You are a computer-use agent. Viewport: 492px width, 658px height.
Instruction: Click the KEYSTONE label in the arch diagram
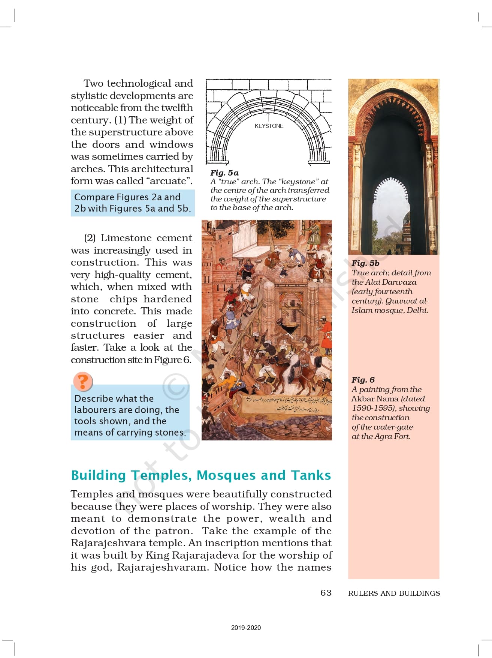[x=269, y=126]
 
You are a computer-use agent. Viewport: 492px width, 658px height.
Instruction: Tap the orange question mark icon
[x=82, y=382]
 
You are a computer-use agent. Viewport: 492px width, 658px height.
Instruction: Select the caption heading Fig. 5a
[x=224, y=173]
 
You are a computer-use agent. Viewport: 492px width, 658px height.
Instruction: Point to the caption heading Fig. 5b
[x=365, y=263]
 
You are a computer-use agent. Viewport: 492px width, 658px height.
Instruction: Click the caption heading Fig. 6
[x=363, y=380]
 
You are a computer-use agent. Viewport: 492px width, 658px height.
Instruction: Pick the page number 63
[x=326, y=593]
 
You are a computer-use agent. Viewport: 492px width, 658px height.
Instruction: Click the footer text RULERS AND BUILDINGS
[x=394, y=593]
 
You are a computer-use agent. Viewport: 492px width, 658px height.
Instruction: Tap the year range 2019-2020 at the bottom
[x=246, y=628]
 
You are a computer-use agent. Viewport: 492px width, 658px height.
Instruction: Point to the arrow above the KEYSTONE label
[x=268, y=117]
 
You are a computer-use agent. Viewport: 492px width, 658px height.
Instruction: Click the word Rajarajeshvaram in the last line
[x=163, y=567]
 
